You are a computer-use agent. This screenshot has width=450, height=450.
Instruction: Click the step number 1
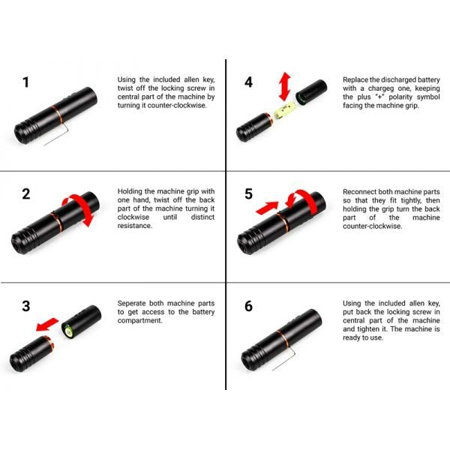(x=26, y=82)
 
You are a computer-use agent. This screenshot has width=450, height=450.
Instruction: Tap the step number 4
(x=248, y=82)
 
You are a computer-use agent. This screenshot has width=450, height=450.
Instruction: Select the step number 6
(x=248, y=306)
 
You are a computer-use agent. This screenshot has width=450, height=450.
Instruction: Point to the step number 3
(x=26, y=306)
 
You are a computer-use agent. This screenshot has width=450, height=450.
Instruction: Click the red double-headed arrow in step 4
(x=285, y=87)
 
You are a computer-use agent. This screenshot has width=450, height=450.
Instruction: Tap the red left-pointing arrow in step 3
(x=47, y=324)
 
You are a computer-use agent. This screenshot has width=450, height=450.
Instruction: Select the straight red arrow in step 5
(x=267, y=208)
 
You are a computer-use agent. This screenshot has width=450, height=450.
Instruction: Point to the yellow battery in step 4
(x=285, y=111)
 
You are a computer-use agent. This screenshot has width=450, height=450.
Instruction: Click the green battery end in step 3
(x=68, y=331)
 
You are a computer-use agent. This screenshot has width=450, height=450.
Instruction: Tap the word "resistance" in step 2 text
(x=134, y=226)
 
